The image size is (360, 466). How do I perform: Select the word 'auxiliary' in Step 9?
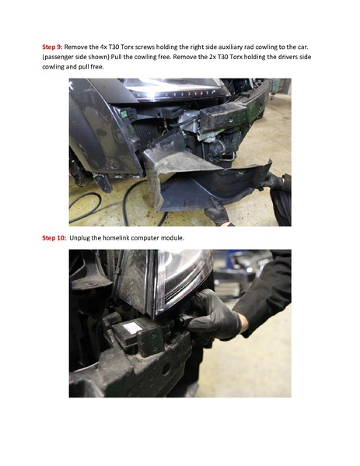[243, 47]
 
